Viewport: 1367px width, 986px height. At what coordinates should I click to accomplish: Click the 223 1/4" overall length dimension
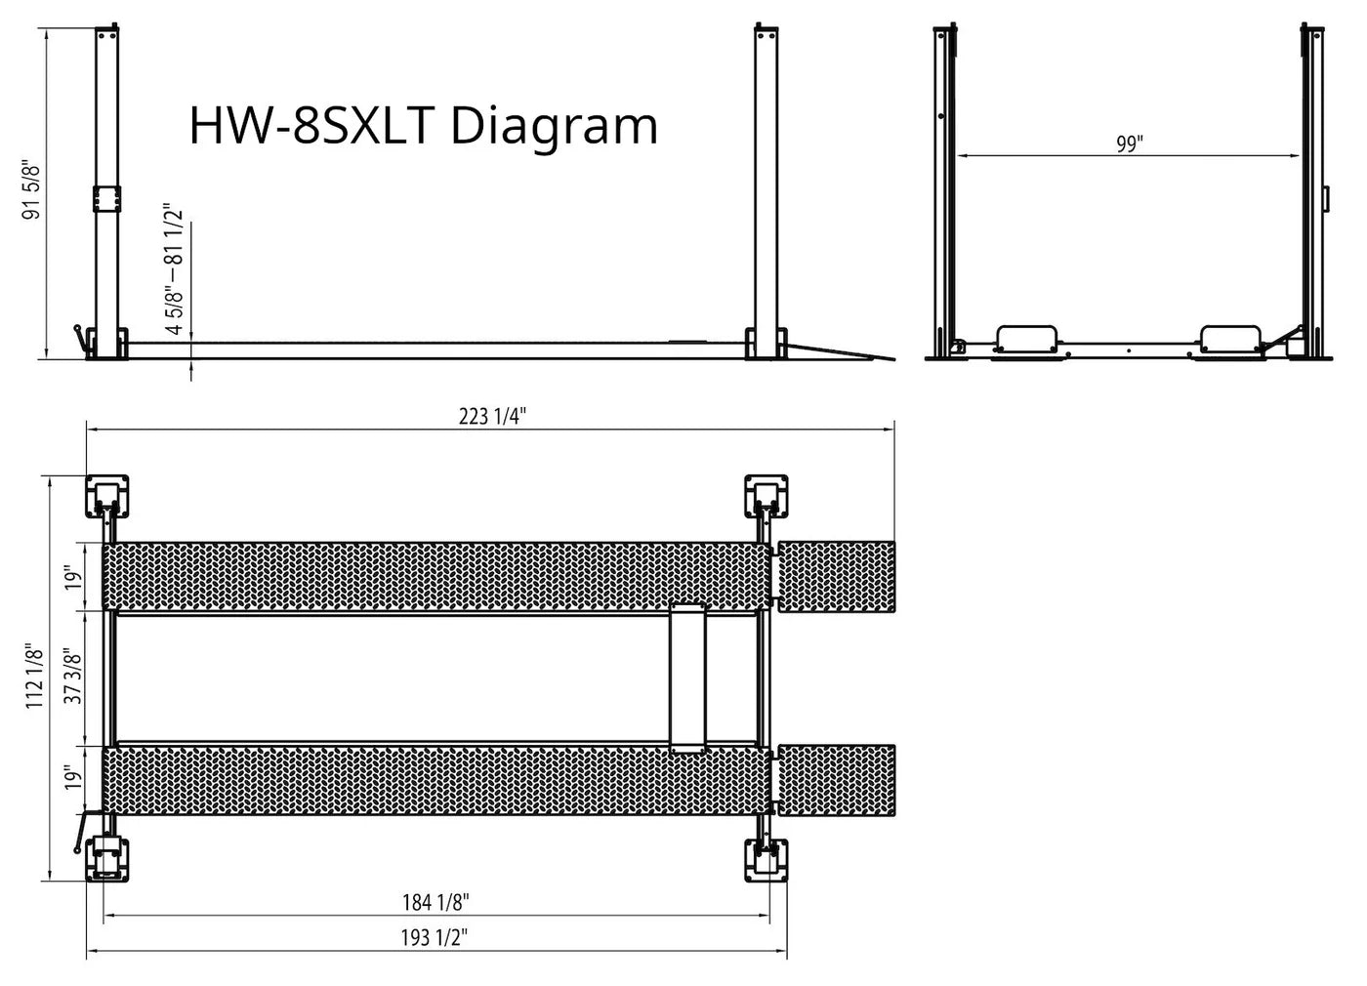[492, 416]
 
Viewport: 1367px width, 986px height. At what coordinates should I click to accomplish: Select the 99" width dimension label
[1129, 144]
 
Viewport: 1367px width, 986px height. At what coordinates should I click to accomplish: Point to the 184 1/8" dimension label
[436, 902]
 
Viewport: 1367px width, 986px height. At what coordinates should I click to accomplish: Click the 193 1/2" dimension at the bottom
[435, 938]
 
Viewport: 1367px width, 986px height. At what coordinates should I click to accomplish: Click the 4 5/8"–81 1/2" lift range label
[174, 268]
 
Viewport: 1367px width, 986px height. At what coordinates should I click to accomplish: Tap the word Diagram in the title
[554, 126]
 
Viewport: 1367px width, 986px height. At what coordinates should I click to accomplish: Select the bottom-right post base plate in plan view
[767, 860]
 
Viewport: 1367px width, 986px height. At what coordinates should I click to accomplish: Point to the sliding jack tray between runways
[687, 678]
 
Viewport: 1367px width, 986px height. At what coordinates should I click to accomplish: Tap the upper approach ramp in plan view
[836, 576]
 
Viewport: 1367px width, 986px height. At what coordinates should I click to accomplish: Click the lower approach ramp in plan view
[836, 780]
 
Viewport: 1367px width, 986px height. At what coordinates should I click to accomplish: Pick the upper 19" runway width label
[72, 578]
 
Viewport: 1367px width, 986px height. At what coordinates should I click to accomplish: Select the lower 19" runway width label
[72, 778]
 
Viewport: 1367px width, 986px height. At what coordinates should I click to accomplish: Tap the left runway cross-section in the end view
[1026, 339]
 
